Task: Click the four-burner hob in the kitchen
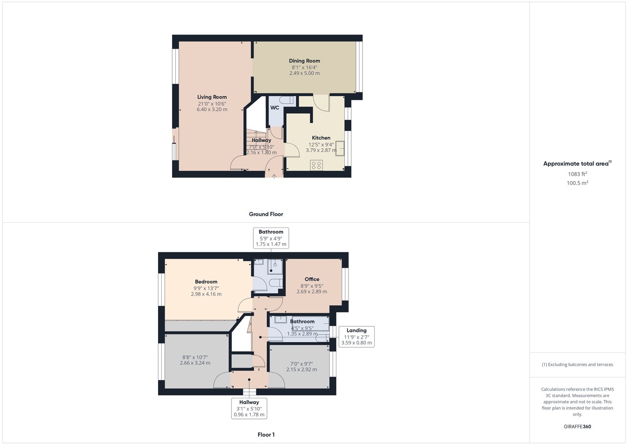point(316,165)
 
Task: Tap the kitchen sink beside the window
point(340,148)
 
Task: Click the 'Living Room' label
point(212,97)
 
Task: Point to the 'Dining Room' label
point(305,61)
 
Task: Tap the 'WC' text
point(275,108)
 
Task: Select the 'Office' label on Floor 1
point(312,279)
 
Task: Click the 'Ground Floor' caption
point(266,214)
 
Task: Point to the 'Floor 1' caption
point(266,435)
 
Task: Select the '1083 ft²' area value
point(578,174)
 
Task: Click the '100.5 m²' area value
point(578,183)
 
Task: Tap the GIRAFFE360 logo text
point(578,427)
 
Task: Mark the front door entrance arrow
point(274,177)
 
